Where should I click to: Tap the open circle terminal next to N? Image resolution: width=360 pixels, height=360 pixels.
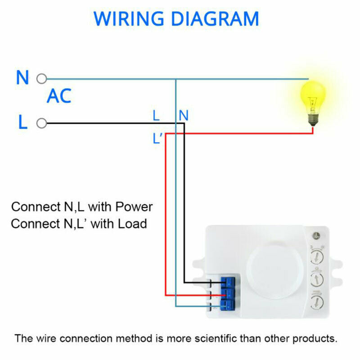tap(41, 79)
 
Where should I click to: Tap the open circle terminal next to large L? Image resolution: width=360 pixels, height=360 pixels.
tap(41, 123)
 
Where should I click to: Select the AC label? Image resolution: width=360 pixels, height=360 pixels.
tap(59, 96)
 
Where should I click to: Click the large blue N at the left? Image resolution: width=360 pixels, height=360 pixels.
tap(22, 78)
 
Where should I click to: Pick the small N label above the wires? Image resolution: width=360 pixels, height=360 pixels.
tap(183, 116)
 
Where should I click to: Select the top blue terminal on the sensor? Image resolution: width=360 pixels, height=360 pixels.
tap(229, 283)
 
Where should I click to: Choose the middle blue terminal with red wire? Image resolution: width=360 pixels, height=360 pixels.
tap(229, 295)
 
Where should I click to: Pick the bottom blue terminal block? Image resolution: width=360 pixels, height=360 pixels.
tap(229, 306)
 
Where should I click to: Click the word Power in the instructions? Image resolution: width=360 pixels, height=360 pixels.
tap(134, 207)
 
